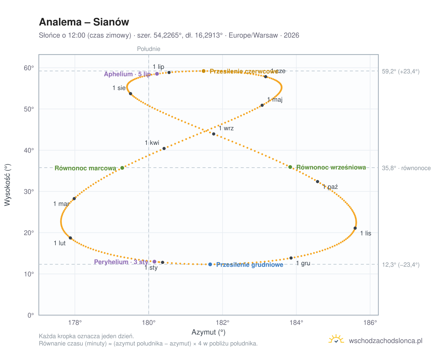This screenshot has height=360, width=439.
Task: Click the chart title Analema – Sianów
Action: [84, 22]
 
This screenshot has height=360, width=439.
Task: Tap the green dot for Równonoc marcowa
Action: [122, 168]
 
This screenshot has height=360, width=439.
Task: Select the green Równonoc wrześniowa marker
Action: [290, 167]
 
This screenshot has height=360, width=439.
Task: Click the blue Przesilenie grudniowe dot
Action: [210, 264]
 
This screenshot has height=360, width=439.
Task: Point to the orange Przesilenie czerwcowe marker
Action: [203, 71]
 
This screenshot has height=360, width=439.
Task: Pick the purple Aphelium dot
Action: [157, 74]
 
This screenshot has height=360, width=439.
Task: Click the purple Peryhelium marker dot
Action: [154, 262]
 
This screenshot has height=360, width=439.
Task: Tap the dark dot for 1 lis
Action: [355, 228]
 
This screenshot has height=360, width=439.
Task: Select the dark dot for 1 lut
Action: [70, 238]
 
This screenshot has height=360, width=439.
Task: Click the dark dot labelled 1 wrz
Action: [213, 134]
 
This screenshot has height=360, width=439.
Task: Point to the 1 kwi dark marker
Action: [164, 148]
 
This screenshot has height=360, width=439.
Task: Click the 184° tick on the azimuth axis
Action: [296, 322]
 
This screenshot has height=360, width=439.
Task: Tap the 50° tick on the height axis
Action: [29, 109]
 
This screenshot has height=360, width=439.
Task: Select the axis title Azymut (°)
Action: [208, 332]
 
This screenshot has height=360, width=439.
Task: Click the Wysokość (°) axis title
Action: [7, 185]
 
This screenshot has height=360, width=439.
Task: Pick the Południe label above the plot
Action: [149, 49]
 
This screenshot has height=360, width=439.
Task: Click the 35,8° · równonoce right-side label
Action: [406, 168]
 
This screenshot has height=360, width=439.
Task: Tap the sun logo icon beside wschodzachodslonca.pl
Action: [336, 339]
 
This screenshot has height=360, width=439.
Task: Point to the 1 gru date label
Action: [303, 263]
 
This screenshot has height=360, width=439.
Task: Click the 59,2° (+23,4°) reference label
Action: [400, 72]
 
